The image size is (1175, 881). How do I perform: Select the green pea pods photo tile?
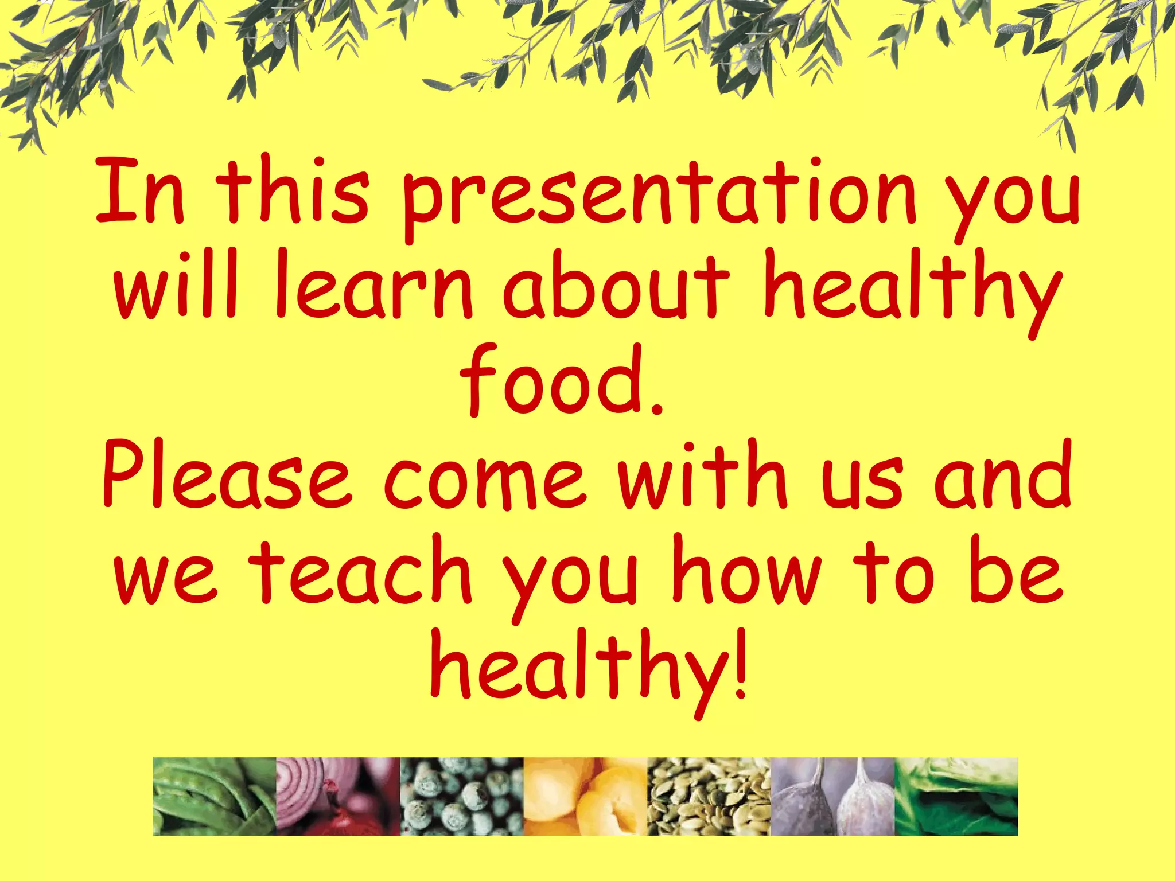click(214, 796)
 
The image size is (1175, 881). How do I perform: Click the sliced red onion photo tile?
click(337, 796)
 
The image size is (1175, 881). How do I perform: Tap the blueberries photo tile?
click(461, 796)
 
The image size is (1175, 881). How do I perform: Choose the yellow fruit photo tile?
click(585, 796)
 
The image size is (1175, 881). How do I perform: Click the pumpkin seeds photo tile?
click(709, 796)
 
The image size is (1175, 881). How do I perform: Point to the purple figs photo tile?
click(832, 796)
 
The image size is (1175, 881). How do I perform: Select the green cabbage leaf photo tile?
click(956, 796)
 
